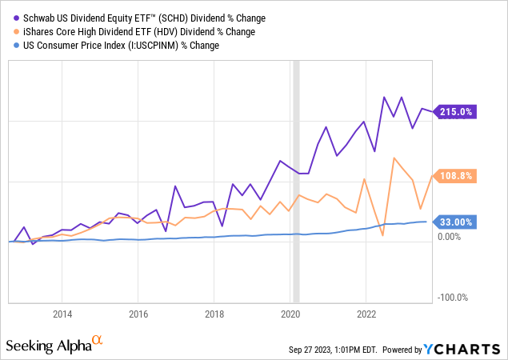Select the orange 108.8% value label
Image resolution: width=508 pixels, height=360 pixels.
click(x=456, y=175)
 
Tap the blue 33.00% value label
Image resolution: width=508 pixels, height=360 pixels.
click(x=456, y=222)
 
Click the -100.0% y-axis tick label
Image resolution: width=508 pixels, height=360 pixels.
click(x=452, y=298)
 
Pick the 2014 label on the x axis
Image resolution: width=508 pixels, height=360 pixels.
click(x=62, y=313)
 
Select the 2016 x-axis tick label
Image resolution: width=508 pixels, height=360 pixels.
click(x=138, y=313)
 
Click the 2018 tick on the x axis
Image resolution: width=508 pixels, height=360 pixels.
click(x=214, y=313)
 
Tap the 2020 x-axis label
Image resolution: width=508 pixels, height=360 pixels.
click(x=290, y=313)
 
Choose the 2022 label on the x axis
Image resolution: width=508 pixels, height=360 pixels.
click(x=366, y=313)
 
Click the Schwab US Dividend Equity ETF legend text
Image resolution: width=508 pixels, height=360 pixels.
click(x=134, y=18)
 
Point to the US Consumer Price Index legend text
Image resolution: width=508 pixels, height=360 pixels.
click(x=118, y=46)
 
